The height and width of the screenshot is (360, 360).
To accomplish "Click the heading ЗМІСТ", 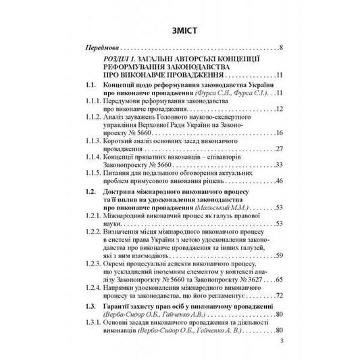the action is [180, 30].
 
